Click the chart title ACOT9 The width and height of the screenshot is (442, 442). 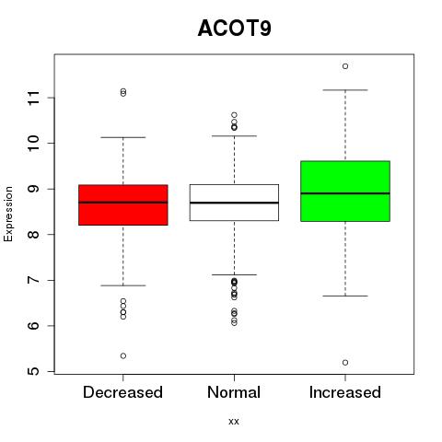click(235, 29)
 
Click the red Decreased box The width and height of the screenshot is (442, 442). click(123, 205)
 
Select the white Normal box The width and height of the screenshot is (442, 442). click(234, 203)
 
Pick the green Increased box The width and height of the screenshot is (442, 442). click(345, 191)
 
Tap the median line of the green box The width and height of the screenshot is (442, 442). click(345, 193)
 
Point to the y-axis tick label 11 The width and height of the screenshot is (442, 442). click(34, 98)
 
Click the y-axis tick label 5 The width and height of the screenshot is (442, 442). click(34, 371)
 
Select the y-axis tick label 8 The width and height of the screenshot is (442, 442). click(34, 235)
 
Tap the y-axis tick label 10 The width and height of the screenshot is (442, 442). click(34, 143)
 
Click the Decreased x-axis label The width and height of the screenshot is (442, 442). click(122, 392)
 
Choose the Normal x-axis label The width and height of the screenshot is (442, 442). click(234, 392)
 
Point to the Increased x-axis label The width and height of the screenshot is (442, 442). click(345, 392)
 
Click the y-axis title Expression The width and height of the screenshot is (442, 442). click(8, 214)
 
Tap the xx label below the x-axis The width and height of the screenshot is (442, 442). click(234, 422)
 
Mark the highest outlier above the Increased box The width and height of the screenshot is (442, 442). click(345, 66)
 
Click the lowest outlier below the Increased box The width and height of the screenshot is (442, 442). click(345, 363)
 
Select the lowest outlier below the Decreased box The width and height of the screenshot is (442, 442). click(123, 355)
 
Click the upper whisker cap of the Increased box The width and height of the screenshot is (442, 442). click(345, 90)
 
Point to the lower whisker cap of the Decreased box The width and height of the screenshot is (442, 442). click(123, 285)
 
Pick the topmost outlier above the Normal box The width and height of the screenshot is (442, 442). click(234, 115)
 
